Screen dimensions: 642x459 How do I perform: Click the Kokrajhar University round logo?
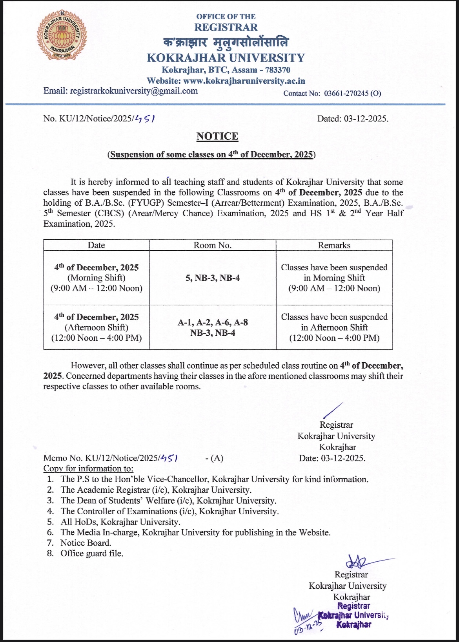[x=62, y=35]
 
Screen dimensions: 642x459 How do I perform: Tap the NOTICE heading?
[x=217, y=136]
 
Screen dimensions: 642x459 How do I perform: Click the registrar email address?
[x=133, y=91]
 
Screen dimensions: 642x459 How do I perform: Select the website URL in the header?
[x=244, y=81]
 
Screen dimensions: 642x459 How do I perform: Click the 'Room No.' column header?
[x=213, y=245]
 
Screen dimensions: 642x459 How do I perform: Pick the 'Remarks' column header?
[x=334, y=245]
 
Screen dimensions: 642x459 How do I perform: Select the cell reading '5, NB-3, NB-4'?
[x=213, y=278]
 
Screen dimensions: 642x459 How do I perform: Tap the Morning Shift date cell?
[x=97, y=278]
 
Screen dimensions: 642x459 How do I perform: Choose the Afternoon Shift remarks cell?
[x=334, y=327]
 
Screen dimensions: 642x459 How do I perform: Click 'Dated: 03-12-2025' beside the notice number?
[x=353, y=118]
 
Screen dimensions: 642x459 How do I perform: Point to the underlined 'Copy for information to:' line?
[x=88, y=468]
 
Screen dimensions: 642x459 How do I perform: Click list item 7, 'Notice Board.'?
[x=86, y=543]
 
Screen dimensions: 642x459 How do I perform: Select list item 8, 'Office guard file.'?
[x=91, y=553]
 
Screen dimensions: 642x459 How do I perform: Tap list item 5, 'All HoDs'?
[x=120, y=522]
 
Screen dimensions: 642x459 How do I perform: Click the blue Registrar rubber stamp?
[x=353, y=615]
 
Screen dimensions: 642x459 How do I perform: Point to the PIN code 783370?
[x=278, y=70]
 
